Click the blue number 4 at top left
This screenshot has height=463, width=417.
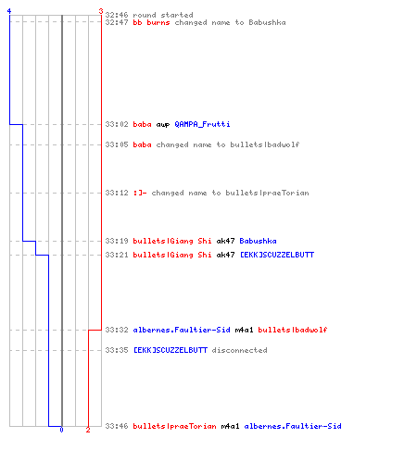9,11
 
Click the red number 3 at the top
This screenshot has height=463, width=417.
101,11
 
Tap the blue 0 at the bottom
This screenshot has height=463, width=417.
61,430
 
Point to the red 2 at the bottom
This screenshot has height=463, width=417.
88,430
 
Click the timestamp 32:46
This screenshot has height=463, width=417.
117,15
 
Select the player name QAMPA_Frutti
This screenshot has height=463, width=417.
202,124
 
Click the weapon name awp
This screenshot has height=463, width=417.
163,125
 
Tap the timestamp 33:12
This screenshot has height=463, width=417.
117,193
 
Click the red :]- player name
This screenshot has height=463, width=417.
140,193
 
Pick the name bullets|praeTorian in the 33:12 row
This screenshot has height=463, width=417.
267,193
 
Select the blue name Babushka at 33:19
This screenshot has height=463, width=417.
258,241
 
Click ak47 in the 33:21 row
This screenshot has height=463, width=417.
225,255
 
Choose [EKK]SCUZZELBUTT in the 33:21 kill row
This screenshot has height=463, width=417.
277,255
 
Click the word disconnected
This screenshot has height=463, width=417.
239,350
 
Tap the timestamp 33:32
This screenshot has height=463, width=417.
117,330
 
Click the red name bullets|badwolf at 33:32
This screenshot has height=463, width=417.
293,330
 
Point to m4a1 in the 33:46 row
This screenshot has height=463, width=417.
230,426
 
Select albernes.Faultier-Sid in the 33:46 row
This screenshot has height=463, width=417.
293,426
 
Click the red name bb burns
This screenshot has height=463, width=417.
151,22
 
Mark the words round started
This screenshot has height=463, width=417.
163,15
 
